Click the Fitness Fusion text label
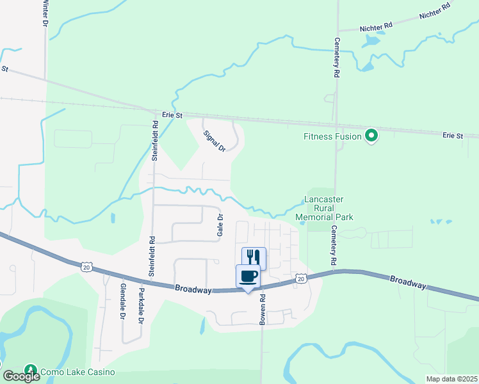point(332,136)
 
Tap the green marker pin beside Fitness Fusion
point(370,136)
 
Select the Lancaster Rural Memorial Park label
point(324,209)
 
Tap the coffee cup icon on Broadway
point(248,276)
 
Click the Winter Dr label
point(45,13)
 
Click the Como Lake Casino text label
point(77,372)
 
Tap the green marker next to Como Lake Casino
point(30,371)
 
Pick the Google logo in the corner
point(20,376)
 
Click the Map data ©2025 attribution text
point(451,379)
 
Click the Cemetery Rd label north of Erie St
point(336,57)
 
